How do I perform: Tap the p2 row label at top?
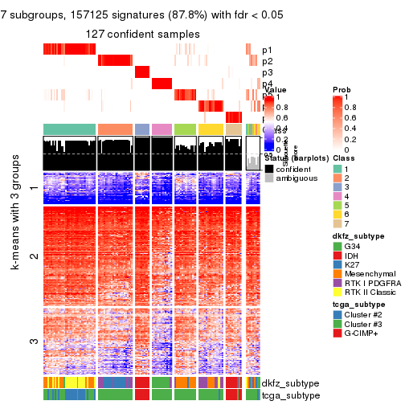(267, 61)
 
